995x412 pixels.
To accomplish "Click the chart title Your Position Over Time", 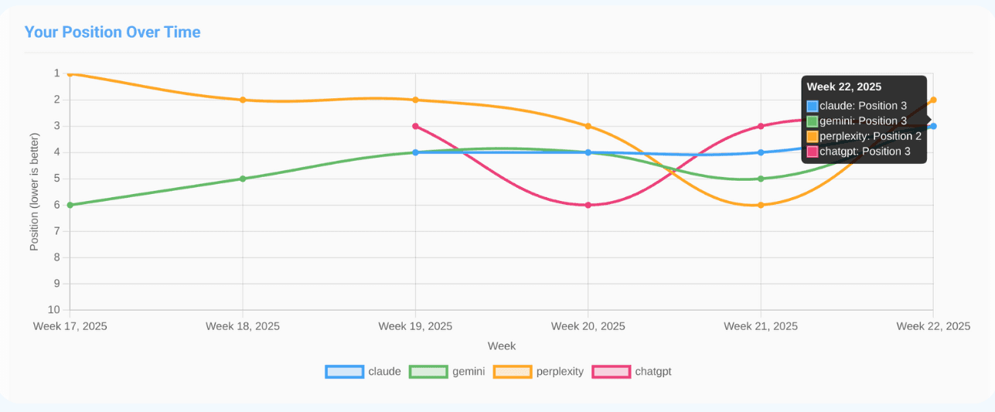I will point(112,32).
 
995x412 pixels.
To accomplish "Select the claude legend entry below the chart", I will point(363,371).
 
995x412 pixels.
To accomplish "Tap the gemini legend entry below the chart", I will point(448,371).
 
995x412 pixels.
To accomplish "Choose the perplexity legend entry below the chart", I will point(538,371).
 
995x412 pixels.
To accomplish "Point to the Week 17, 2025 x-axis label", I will point(70,326).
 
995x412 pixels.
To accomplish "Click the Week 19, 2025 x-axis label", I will point(415,326).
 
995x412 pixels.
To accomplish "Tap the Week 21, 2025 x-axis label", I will point(761,326).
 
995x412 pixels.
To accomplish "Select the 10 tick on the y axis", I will point(55,310).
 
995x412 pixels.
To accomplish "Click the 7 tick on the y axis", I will point(56,231).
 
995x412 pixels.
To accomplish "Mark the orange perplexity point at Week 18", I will point(243,100).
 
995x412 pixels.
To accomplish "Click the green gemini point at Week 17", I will point(70,205).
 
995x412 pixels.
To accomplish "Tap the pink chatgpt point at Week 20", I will point(588,205).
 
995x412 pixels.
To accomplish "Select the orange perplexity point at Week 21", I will point(761,205).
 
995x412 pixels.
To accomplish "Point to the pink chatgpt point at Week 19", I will point(416,126).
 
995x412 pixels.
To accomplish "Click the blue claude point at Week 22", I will point(933,126).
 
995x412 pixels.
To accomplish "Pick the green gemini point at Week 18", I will point(243,179).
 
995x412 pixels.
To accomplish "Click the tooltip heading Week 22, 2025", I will point(844,87).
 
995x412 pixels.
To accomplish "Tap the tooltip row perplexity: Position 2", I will point(864,136).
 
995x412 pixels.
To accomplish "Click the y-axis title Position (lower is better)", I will point(34,192).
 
